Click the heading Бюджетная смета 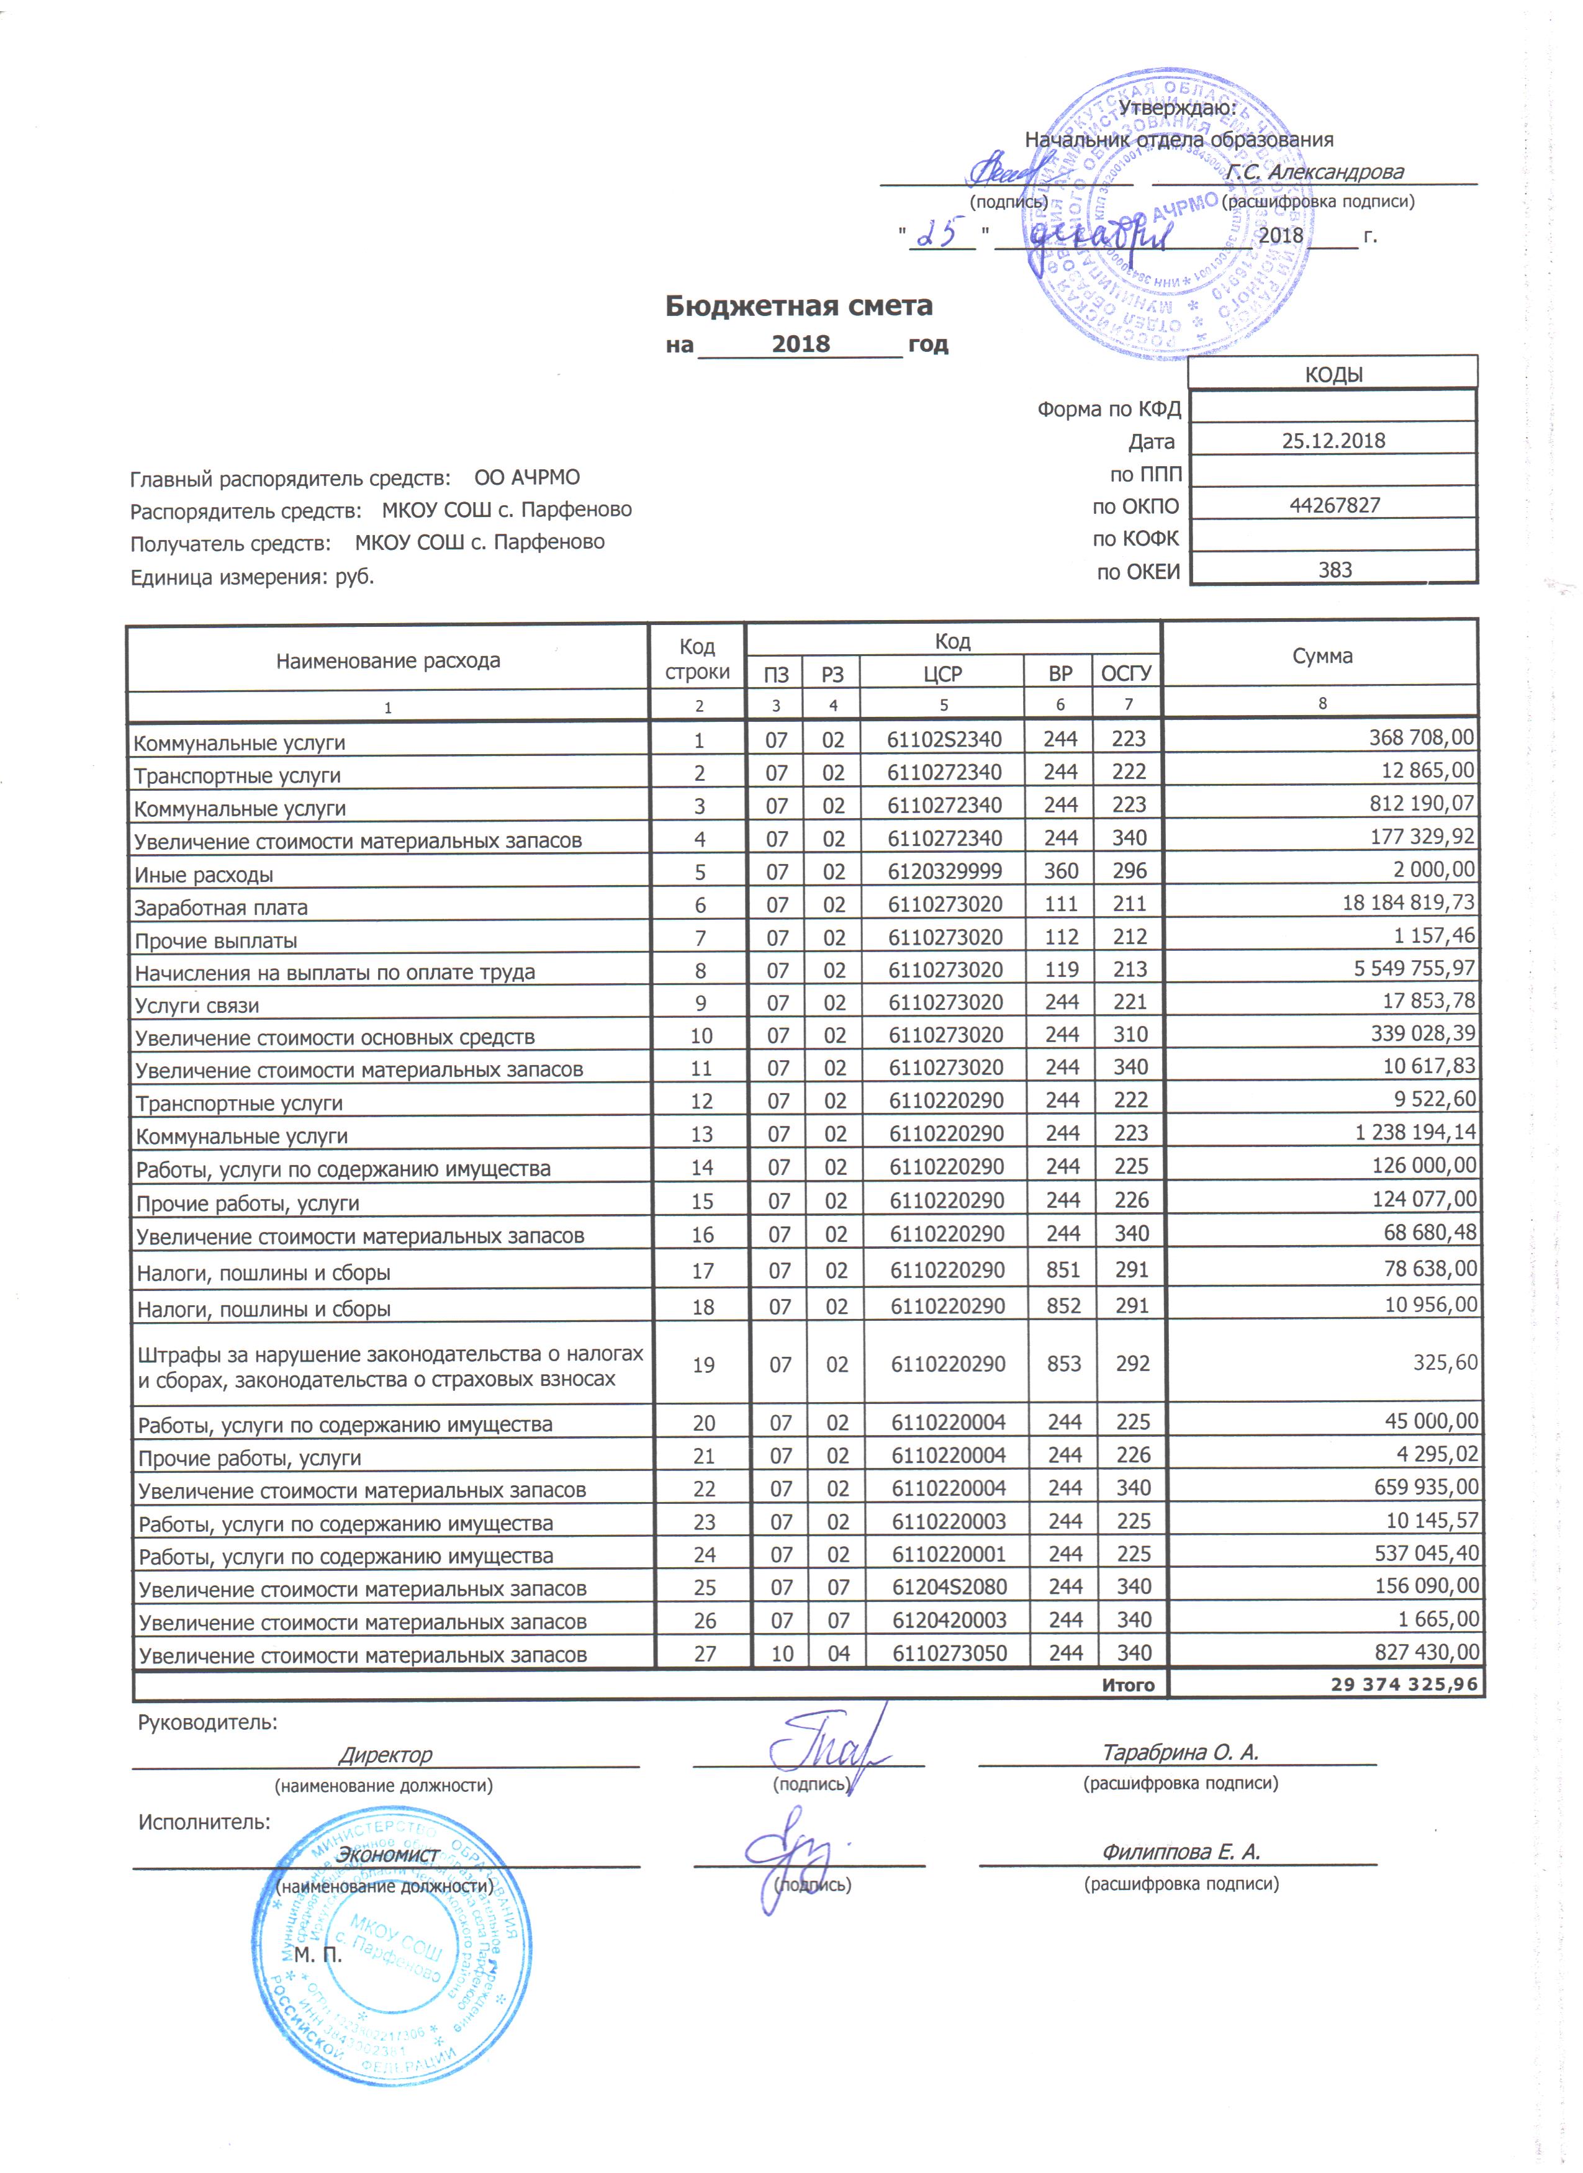click(x=798, y=305)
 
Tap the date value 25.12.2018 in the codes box click(x=1333, y=441)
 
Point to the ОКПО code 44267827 click(x=1334, y=506)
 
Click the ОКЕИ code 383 click(x=1334, y=570)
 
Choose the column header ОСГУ click(x=1126, y=675)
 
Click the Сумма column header click(x=1322, y=656)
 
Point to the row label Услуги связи click(x=197, y=1005)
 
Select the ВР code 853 click(x=1063, y=1364)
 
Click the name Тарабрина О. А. click(x=1179, y=1752)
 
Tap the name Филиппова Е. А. click(x=1179, y=1852)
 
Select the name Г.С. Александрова click(x=1315, y=173)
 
